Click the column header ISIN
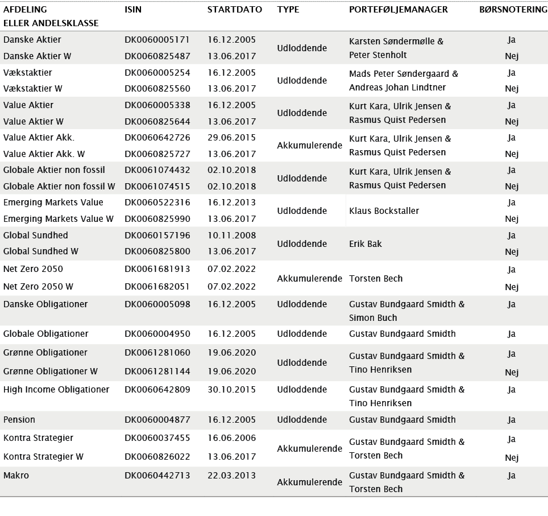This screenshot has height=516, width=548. [133, 10]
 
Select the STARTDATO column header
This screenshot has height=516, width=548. [235, 10]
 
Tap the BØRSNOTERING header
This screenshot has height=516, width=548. [511, 10]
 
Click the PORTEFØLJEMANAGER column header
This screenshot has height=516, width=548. [398, 10]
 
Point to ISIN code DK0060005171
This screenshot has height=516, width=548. [157, 40]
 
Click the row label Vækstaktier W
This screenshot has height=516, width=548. [33, 89]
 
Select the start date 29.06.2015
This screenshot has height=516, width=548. [231, 138]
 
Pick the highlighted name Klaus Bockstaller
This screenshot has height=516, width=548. [384, 211]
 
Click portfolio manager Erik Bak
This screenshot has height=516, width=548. [366, 244]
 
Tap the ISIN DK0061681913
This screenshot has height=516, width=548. [157, 269]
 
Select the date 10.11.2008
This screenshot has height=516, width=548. [231, 236]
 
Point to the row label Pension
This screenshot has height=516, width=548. [19, 420]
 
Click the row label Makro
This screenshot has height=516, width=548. [16, 476]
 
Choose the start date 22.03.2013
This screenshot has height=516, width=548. [231, 476]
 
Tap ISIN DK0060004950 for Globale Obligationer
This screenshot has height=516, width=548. [157, 334]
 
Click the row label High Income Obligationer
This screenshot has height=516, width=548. [56, 390]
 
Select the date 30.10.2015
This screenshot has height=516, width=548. [231, 390]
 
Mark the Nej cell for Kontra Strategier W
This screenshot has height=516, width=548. [512, 458]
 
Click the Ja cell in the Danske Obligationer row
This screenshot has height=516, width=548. [512, 304]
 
